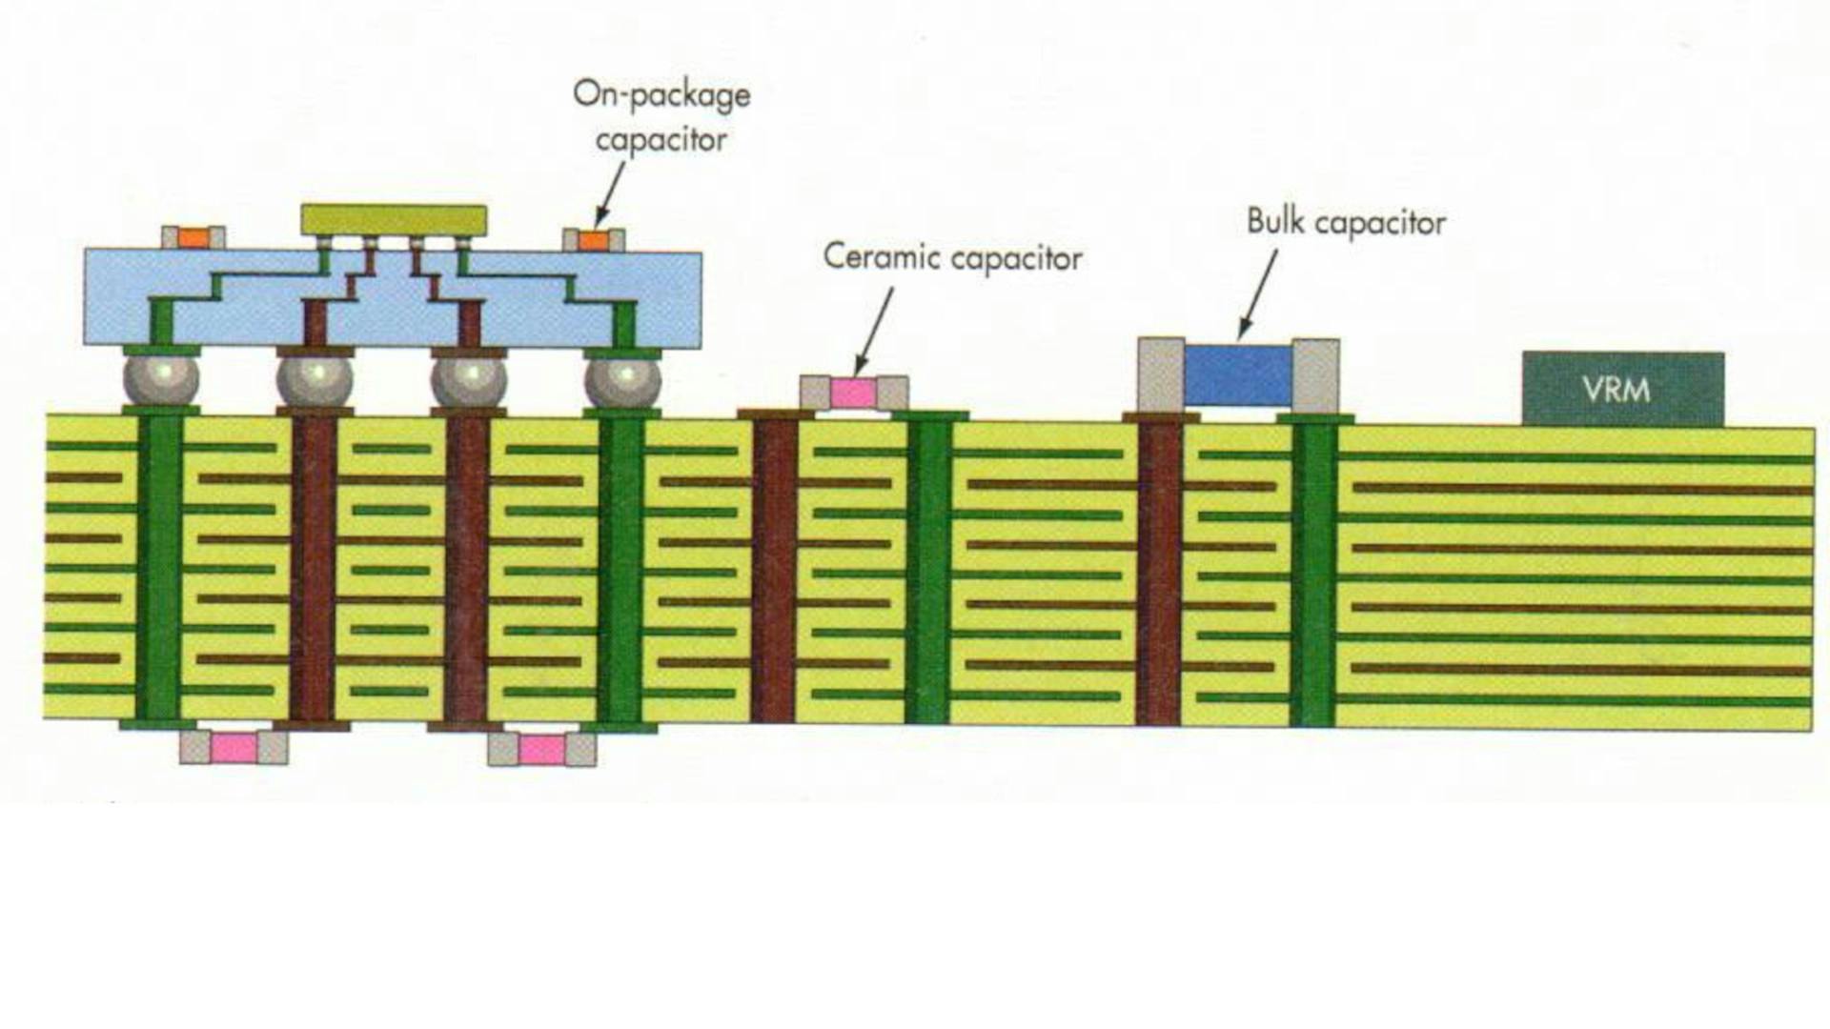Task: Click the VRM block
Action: click(1622, 389)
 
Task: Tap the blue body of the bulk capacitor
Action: click(1238, 373)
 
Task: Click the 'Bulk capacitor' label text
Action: click(1346, 223)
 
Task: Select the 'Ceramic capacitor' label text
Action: click(952, 258)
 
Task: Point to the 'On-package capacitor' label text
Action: click(661, 117)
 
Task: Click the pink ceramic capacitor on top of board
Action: click(853, 393)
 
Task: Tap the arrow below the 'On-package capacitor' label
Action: click(611, 193)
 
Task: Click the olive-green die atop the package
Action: click(394, 219)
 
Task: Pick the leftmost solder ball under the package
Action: click(161, 379)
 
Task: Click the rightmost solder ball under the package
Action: click(622, 380)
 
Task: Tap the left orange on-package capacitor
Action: click(193, 238)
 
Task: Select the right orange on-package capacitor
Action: click(594, 240)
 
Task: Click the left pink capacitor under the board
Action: click(234, 748)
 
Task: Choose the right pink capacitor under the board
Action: click(541, 750)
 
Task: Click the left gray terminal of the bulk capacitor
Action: click(1161, 374)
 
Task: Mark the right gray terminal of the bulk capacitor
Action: click(1315, 375)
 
